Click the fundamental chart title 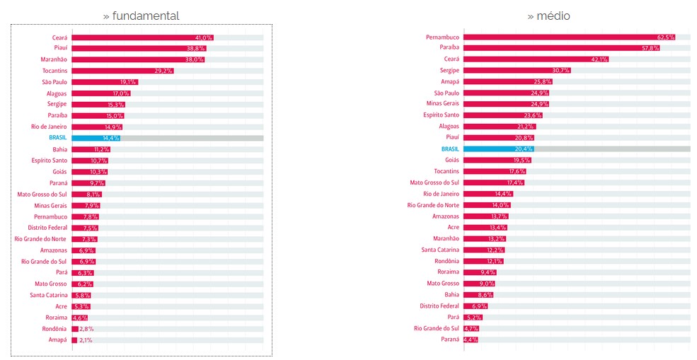141,16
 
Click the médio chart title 548,16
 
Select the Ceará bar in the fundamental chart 142,37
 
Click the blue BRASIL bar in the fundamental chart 96,138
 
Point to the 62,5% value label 666,37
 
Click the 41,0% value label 204,37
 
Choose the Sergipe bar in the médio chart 517,70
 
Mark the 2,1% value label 85,340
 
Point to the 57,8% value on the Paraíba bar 650,48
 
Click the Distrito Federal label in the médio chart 439,306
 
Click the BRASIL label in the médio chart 450,149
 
